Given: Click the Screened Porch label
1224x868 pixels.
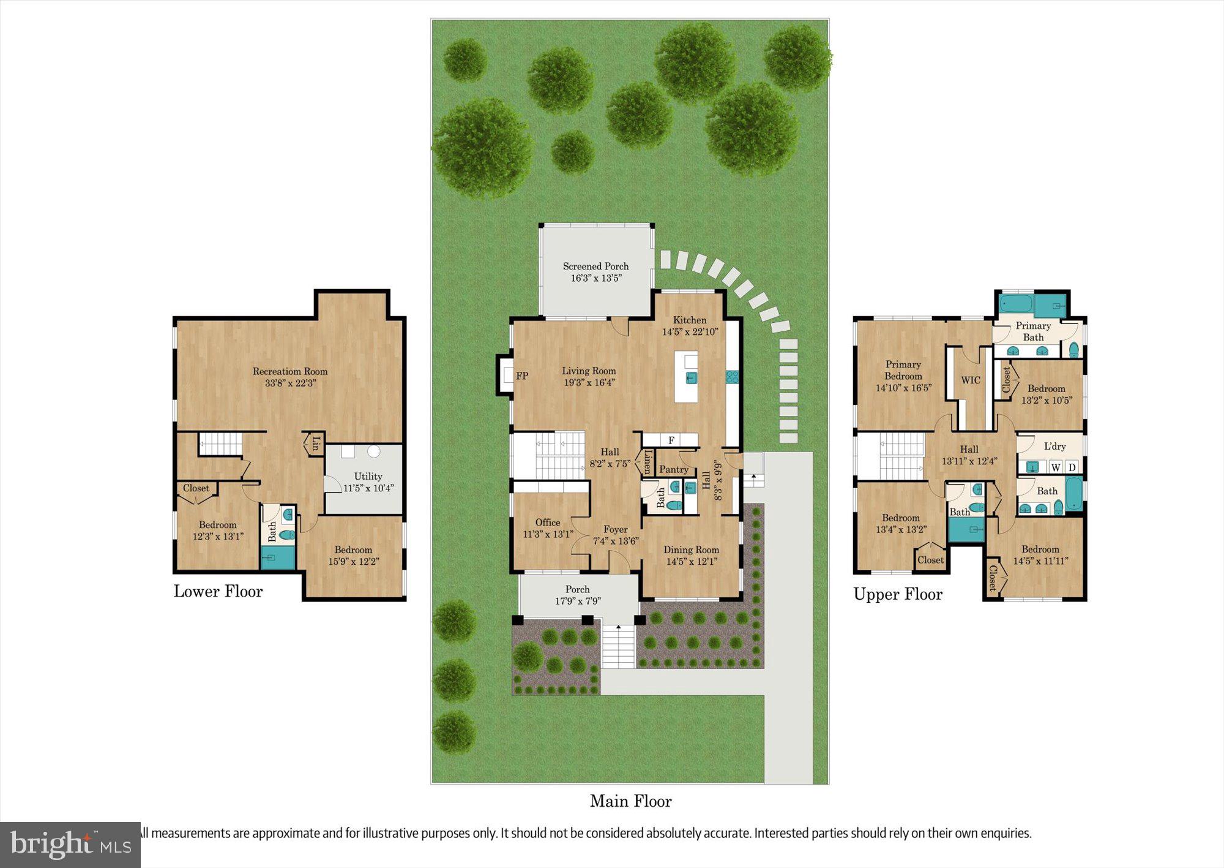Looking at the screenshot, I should coord(595,266).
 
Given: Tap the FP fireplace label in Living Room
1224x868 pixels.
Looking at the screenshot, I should coord(522,376).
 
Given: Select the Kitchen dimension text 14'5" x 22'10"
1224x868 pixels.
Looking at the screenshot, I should coord(690,332).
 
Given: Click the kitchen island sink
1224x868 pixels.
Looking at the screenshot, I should coord(691,377).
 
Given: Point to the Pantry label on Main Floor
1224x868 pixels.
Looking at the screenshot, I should coord(673,469).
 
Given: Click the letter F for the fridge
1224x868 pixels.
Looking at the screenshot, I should coord(671,440).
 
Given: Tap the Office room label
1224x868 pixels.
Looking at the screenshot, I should coord(547,523).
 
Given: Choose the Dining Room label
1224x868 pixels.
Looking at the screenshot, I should coord(691,549).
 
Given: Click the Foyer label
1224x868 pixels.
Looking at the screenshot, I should coord(615,529).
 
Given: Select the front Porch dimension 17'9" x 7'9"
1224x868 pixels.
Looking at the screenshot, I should coord(578,601).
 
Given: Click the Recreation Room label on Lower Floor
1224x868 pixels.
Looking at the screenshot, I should coord(290,371).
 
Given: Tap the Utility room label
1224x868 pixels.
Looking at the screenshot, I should coord(368,476).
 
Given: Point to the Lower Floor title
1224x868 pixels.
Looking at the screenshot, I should coord(218,591).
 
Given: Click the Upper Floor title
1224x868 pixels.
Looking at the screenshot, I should coord(898,594).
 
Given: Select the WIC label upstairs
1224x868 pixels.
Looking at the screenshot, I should coord(971,380).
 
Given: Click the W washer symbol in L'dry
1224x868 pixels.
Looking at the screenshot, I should coord(1056,467).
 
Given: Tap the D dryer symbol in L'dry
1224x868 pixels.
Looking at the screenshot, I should coord(1072,467).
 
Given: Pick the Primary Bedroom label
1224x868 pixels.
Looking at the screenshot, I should coord(903,370).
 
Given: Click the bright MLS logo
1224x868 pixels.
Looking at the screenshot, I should coord(70,845).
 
